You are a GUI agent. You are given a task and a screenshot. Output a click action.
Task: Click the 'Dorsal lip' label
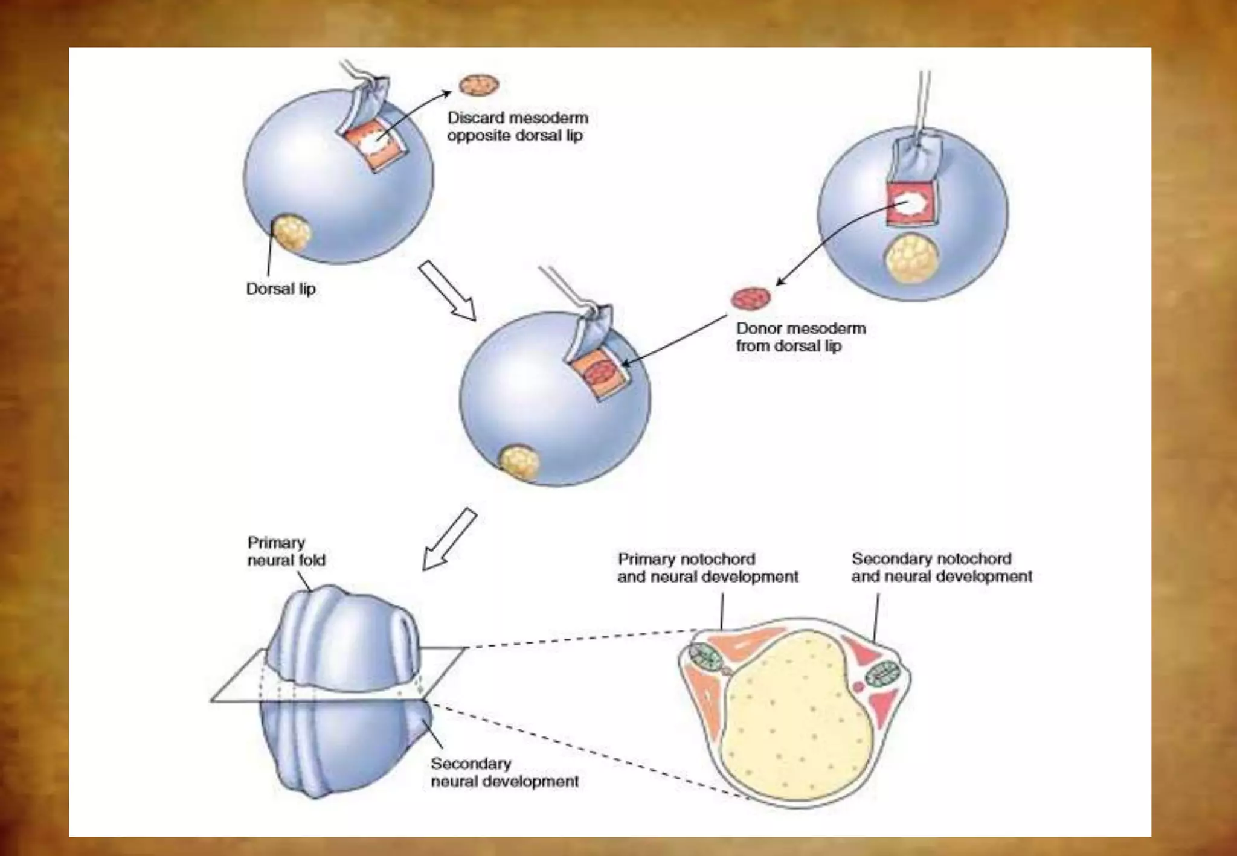281,289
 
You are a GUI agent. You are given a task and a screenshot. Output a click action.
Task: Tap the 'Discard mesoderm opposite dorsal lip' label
518,126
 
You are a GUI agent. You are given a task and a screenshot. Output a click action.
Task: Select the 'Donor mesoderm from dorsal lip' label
800,337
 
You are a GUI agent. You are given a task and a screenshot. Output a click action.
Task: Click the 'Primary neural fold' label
286,551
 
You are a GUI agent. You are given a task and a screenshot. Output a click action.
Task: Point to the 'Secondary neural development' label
504,772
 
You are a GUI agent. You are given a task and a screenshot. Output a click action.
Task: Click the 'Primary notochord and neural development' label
707,567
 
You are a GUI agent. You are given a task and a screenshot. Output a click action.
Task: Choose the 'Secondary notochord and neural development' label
942,567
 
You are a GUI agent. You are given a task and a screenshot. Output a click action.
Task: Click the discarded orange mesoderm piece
480,85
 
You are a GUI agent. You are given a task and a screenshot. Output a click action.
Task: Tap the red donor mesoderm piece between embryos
751,298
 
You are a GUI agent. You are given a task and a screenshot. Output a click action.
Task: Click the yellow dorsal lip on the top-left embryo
292,234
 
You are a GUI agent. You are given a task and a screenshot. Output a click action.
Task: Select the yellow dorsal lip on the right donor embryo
911,259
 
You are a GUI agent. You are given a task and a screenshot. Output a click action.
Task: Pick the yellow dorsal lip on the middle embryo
519,462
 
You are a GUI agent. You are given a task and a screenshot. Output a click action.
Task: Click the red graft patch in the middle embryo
600,373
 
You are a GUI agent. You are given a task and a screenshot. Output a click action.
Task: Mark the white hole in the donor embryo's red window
911,203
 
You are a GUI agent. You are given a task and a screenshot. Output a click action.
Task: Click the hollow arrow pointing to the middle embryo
448,290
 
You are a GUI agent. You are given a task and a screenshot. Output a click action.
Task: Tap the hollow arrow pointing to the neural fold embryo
449,539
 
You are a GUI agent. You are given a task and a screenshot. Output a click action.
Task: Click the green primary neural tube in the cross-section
704,657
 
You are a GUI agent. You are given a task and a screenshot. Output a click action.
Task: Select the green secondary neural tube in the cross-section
883,674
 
